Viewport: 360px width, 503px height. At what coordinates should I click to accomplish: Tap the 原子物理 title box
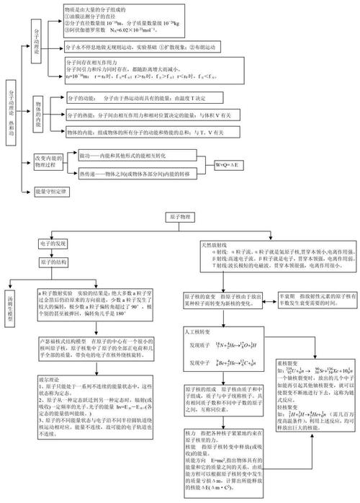(179, 215)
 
